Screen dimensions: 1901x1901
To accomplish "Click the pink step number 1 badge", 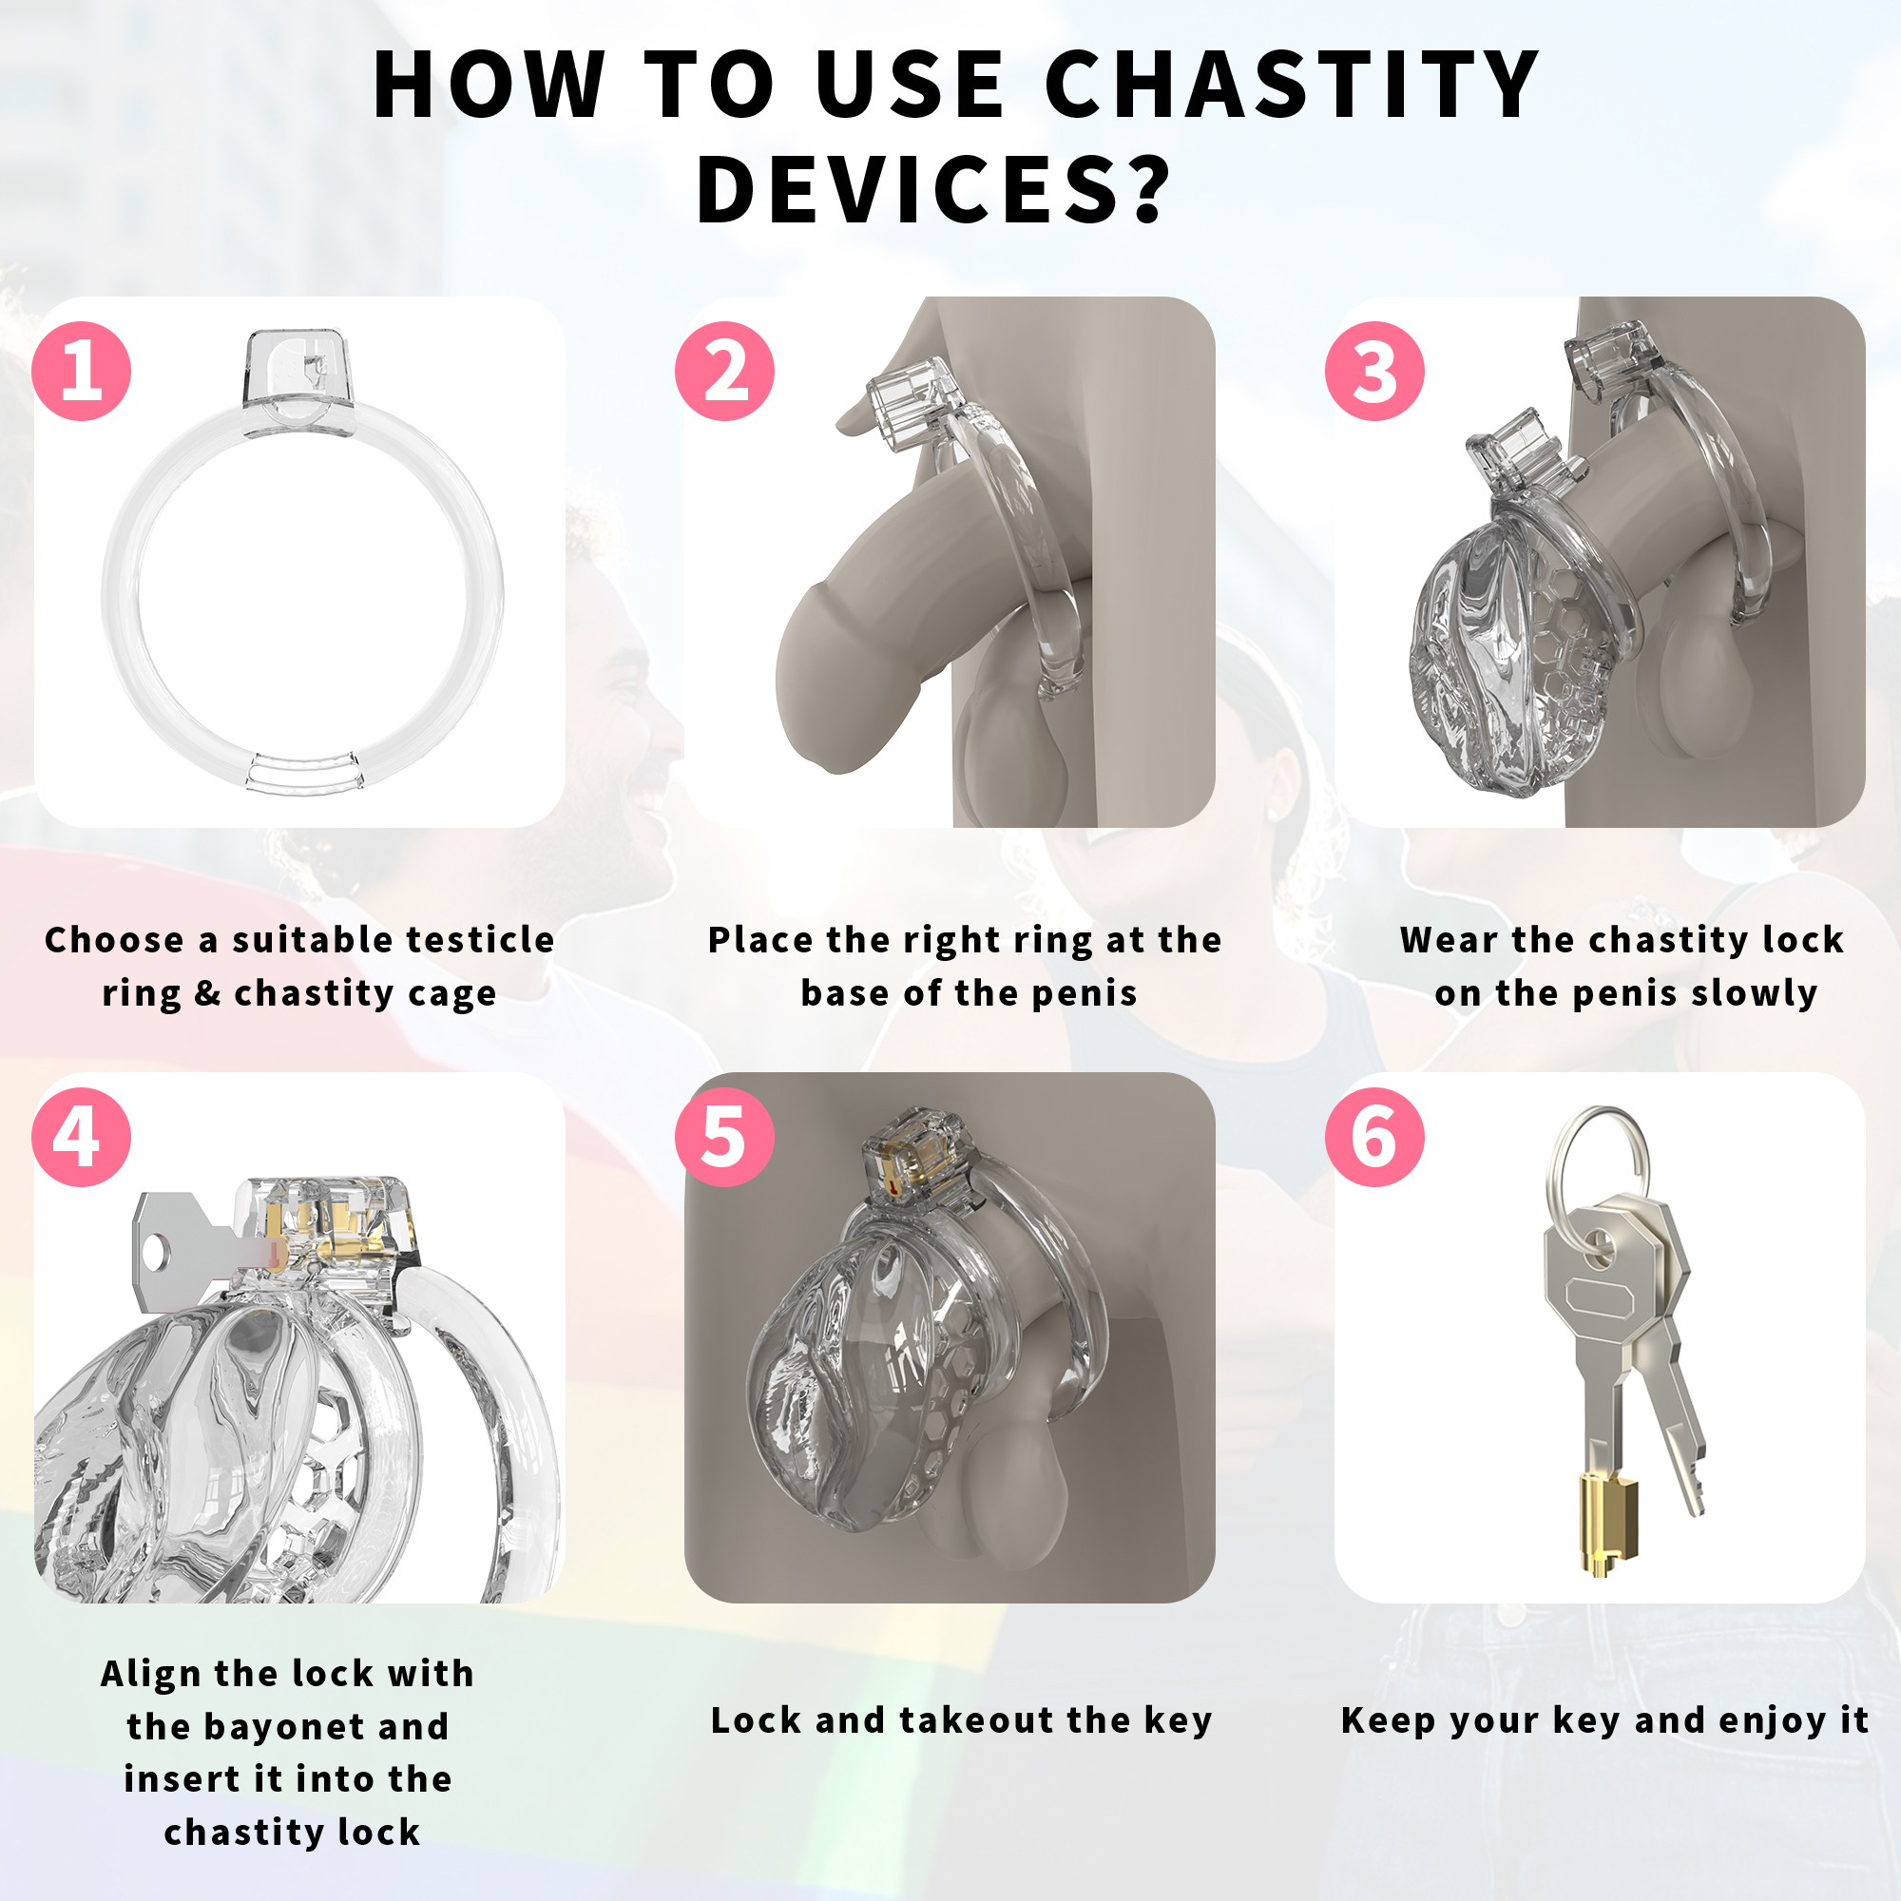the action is pos(82,371).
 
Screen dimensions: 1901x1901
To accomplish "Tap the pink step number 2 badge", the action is pos(724,371).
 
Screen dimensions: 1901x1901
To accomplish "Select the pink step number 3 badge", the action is pos(1374,371).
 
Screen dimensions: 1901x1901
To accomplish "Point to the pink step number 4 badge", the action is pos(82,1137).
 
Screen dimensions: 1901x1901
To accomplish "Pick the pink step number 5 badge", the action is pos(724,1137).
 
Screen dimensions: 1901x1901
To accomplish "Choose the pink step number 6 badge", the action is pos(1374,1137).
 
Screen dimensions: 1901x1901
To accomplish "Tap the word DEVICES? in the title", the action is pos(933,189).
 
